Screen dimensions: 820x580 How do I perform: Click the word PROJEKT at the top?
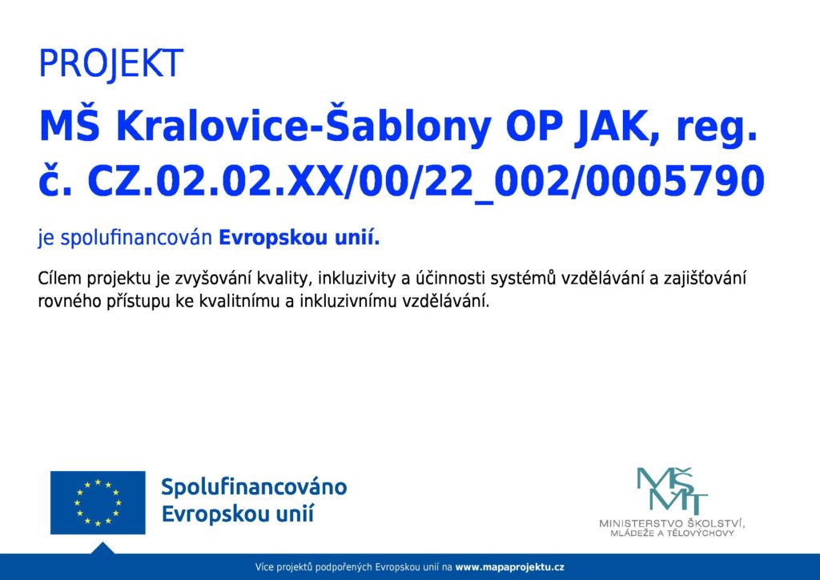coord(111,64)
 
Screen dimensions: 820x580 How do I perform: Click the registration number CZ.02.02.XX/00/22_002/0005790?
coord(426,182)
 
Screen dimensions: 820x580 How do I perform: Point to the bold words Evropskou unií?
coord(299,238)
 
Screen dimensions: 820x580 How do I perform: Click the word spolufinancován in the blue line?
coord(136,239)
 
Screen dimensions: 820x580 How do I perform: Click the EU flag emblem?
coord(98,502)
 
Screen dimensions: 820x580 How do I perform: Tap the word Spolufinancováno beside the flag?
coord(254,487)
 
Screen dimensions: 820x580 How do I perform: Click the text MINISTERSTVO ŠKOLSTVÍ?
coord(672,523)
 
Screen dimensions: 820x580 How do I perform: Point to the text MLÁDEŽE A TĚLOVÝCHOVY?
coord(672,534)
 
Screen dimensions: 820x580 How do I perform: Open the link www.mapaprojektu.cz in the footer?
coord(510,567)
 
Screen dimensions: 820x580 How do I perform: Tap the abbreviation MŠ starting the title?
coord(70,127)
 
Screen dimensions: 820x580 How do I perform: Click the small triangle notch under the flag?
coord(102,549)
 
